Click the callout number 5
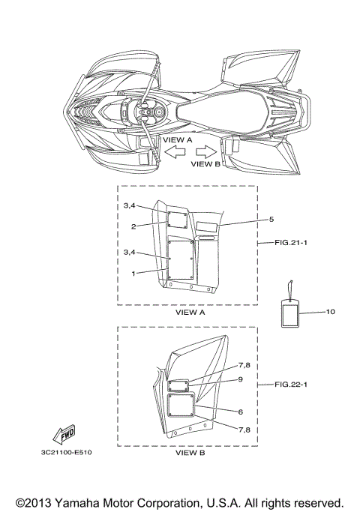pos(271,219)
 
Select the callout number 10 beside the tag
pos(330,312)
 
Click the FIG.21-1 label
pos(291,243)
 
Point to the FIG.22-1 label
pos(291,385)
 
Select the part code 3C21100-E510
pos(66,452)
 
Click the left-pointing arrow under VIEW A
pos(175,152)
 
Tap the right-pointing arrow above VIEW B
pos(206,152)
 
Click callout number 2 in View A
pos(133,226)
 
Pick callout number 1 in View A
pos(133,274)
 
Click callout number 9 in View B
pos(241,379)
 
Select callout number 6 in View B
pos(241,412)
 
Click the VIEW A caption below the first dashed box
pos(190,312)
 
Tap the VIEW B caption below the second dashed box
pos(190,453)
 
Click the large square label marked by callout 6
pos(181,405)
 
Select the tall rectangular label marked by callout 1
pos(181,260)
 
